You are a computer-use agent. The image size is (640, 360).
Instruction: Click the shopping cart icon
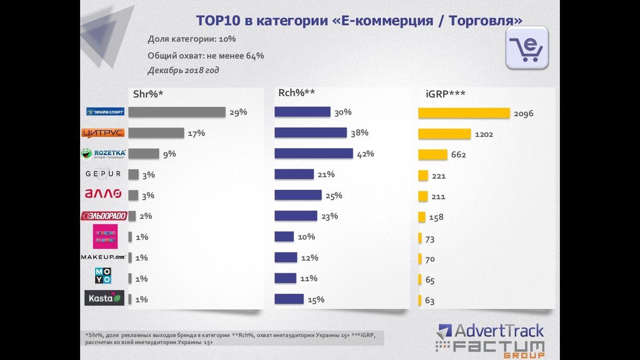click(x=527, y=48)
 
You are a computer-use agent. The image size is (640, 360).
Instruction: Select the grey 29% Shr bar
click(x=177, y=112)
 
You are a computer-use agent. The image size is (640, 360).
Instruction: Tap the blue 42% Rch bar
click(x=313, y=153)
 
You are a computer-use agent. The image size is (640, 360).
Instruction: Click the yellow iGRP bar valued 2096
click(x=464, y=113)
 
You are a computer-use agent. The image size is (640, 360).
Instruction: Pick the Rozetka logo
click(x=103, y=154)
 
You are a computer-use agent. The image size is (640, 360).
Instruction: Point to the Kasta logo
click(x=104, y=298)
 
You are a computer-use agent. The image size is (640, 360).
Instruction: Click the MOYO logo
click(x=103, y=276)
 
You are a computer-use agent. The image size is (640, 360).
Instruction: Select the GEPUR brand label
click(x=103, y=174)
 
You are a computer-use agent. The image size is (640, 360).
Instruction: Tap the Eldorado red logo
click(x=104, y=216)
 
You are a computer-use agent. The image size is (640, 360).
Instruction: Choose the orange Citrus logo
click(x=103, y=133)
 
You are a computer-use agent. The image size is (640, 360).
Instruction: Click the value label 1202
click(x=484, y=135)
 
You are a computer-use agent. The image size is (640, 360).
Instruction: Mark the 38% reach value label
click(x=360, y=133)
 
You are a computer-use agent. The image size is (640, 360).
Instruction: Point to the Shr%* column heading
click(x=148, y=94)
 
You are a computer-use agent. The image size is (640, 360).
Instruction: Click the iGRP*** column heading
click(x=446, y=94)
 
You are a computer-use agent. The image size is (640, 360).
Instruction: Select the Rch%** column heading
click(x=297, y=93)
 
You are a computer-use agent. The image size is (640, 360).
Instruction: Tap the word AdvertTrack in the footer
click(x=499, y=331)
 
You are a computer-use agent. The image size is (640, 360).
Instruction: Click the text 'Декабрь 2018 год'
click(x=183, y=70)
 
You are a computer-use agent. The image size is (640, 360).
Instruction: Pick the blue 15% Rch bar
click(x=289, y=299)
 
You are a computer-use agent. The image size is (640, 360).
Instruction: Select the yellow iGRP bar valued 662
click(x=432, y=155)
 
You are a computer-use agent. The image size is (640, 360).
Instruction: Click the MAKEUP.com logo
click(x=104, y=257)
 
